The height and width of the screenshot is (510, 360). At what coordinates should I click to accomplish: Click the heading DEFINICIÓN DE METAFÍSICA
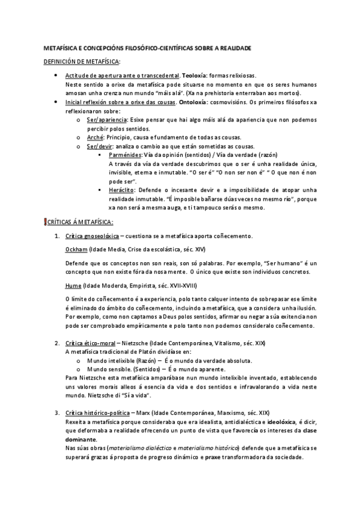click(x=82, y=62)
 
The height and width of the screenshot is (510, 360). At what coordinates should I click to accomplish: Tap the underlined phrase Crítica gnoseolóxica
click(x=94, y=235)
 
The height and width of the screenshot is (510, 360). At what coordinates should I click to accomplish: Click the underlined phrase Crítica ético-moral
click(x=89, y=343)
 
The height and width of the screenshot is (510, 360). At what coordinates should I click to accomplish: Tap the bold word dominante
click(x=81, y=440)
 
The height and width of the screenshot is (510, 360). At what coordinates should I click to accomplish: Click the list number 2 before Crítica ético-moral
click(x=56, y=343)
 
